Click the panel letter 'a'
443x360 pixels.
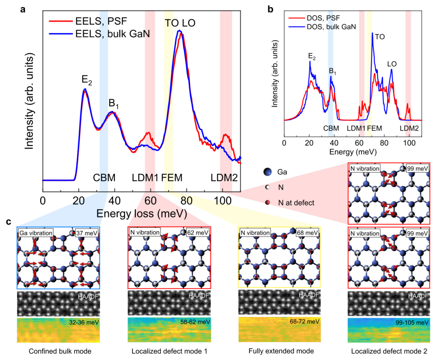pos(23,8)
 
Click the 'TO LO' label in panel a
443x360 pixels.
pos(180,23)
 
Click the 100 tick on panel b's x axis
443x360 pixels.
pos(409,143)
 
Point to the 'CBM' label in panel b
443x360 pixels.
pos(331,128)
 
